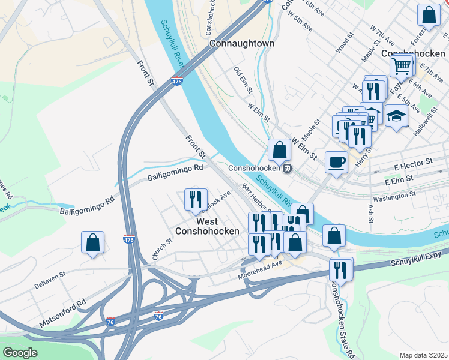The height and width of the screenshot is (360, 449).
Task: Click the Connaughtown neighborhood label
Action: pos(243,44)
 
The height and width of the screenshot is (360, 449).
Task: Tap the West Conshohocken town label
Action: pos(207,224)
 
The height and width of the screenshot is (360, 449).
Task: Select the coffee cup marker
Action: pos(336,161)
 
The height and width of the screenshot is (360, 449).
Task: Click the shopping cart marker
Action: pos(401,65)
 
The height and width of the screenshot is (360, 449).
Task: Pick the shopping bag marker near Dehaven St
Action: pos(93,243)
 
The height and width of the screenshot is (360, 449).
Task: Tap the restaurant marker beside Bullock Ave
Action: pos(196,199)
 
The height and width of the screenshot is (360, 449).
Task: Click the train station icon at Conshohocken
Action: pos(288,169)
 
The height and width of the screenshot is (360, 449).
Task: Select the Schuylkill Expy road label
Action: pos(416,259)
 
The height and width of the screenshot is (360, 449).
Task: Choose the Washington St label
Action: pos(394,196)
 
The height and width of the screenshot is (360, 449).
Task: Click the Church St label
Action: pos(162,248)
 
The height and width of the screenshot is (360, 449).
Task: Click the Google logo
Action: pos(20,353)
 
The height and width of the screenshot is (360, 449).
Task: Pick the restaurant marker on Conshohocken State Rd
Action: pos(342,269)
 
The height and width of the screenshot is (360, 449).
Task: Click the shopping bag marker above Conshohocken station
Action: pos(279,149)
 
